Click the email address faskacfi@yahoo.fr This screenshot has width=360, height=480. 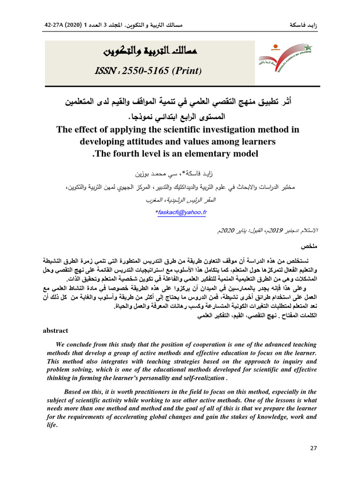(181, 212)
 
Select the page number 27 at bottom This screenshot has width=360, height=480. (314, 448)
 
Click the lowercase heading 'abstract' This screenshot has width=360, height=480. (55, 330)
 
